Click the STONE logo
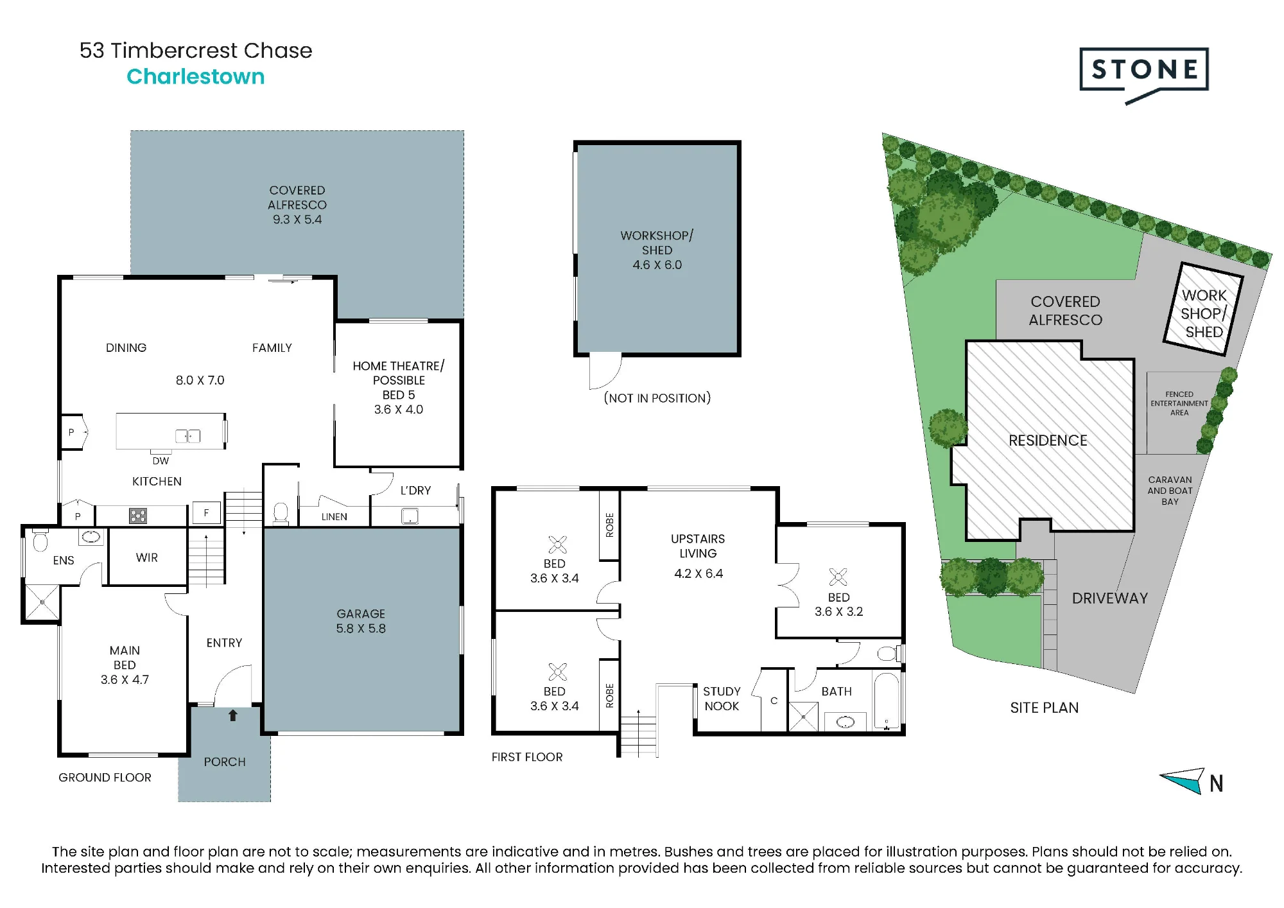(x=1144, y=74)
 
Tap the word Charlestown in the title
(x=196, y=76)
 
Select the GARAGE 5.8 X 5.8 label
(x=361, y=621)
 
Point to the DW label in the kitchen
(x=160, y=461)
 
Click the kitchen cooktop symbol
(x=138, y=516)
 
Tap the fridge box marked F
(x=206, y=513)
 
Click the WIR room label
(x=147, y=557)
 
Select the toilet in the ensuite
(x=40, y=540)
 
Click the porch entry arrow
(x=233, y=715)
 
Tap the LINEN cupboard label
(x=334, y=516)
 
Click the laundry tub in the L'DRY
(x=410, y=516)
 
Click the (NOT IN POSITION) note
(x=657, y=398)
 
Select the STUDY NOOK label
(x=722, y=699)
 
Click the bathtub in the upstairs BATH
(x=887, y=701)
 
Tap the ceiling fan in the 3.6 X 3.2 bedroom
(x=838, y=577)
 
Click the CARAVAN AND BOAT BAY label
(x=1170, y=491)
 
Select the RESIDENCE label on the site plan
(x=1048, y=441)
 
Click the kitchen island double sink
(x=188, y=436)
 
